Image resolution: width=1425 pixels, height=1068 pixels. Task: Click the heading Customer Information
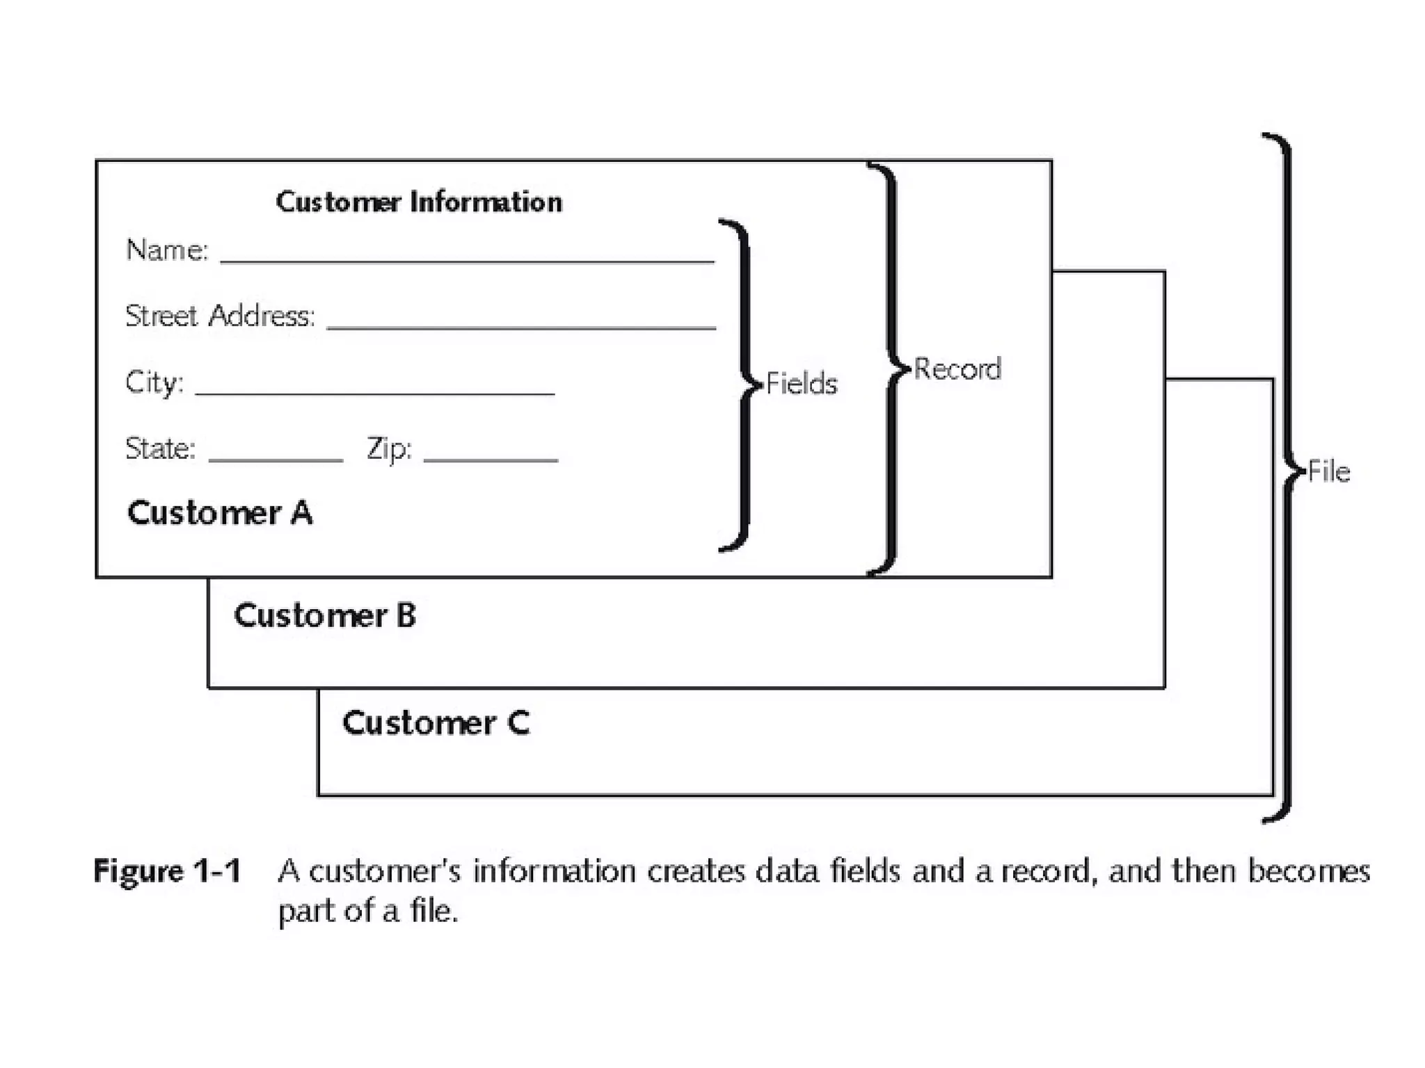tap(419, 202)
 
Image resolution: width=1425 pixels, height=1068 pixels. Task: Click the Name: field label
tap(167, 250)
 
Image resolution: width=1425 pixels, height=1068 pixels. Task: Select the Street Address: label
tap(220, 316)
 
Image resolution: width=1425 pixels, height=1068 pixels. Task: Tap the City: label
tap(154, 382)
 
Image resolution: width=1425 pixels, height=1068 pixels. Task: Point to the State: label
tap(160, 448)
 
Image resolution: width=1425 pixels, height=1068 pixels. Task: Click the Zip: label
tap(389, 448)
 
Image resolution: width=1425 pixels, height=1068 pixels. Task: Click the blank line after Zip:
tap(491, 460)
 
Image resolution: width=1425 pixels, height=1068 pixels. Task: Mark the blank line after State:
tap(276, 460)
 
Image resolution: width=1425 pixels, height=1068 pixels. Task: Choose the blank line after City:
tap(374, 394)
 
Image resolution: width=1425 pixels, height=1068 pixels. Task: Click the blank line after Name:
tap(467, 261)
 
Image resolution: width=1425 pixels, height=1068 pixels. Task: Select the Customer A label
tap(220, 513)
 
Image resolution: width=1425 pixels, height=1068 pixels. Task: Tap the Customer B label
tap(324, 615)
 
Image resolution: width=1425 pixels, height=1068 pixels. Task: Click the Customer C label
tap(436, 723)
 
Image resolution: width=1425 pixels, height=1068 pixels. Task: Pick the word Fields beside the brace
tap(802, 384)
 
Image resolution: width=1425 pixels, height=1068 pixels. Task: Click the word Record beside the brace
tap(957, 369)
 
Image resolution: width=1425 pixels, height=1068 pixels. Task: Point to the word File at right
tap(1329, 472)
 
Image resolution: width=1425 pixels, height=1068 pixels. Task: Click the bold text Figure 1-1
tap(168, 871)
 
